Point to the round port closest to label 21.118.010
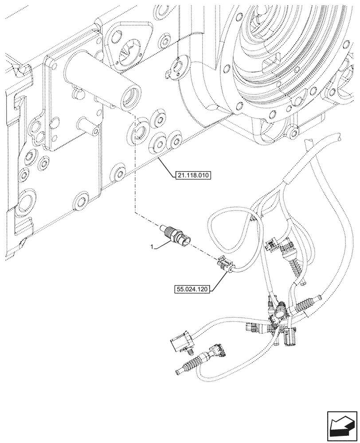tap(158, 143)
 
